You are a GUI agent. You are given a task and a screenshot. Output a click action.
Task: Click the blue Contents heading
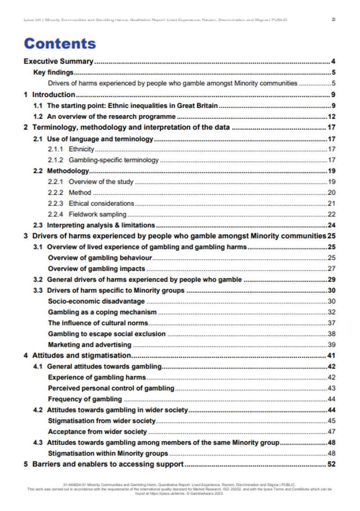tap(60, 44)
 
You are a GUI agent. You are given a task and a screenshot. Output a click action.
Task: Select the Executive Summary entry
tap(58, 62)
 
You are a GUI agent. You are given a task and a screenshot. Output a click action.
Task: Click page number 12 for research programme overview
tap(332, 117)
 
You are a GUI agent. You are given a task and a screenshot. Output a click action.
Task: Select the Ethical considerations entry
tap(101, 203)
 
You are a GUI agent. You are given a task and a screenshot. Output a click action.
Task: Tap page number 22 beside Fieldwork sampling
tap(332, 214)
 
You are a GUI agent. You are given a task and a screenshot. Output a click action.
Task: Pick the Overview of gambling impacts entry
tap(96, 269)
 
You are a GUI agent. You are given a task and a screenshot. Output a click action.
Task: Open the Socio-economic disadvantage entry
tap(96, 301)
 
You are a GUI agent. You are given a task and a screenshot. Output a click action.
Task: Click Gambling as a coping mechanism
tap(102, 312)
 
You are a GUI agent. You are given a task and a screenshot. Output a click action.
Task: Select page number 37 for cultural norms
tap(332, 323)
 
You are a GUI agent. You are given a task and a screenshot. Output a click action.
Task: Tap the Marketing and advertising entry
tap(90, 345)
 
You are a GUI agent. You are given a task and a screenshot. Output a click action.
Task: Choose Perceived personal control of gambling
tap(111, 388)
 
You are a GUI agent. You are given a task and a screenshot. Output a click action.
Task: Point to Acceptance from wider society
tap(97, 432)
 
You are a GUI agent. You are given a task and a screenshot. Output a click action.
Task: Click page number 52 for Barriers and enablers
tap(332, 464)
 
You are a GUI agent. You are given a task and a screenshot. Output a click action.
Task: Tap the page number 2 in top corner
tap(333, 19)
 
